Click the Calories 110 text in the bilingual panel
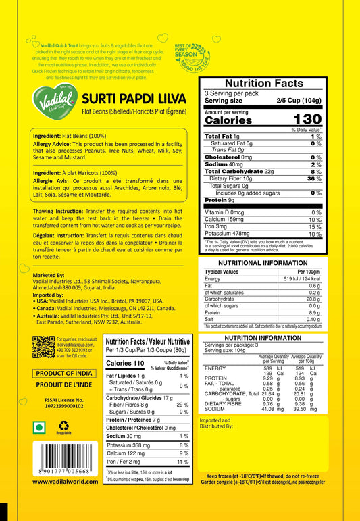[125, 363]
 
